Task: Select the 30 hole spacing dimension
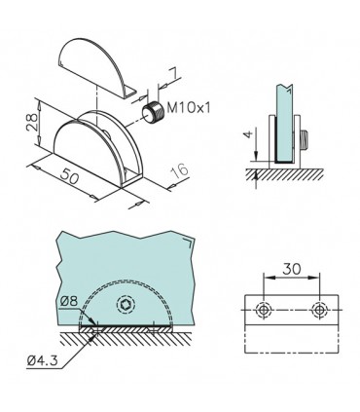(291, 266)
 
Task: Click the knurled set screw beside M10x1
(150, 111)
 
